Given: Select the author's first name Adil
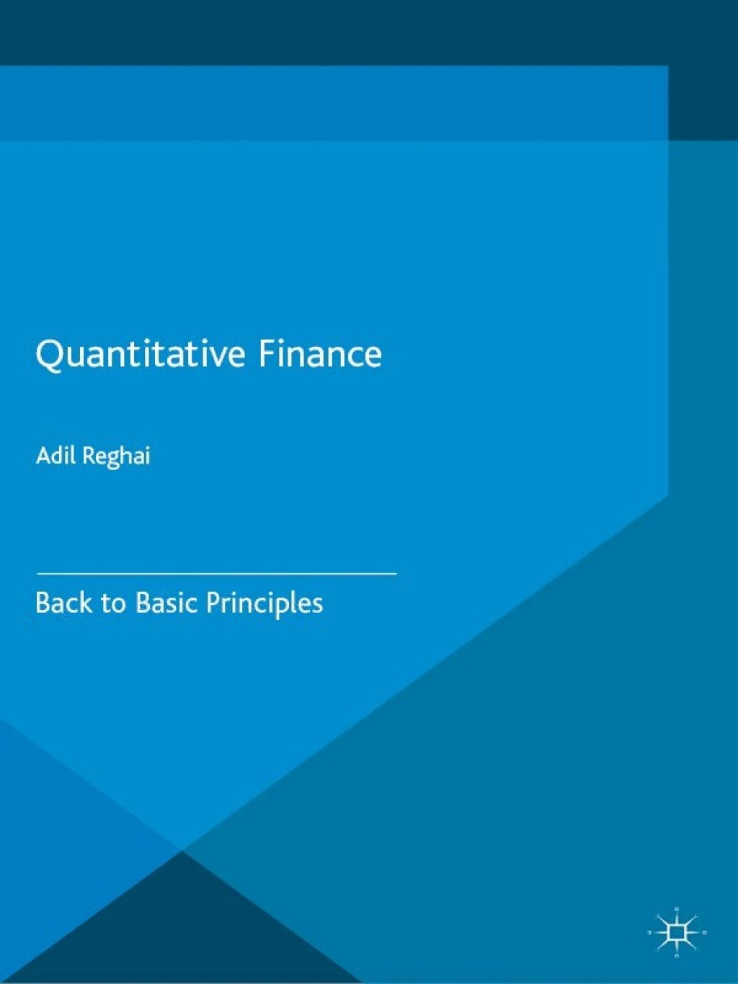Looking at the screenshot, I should click(55, 456).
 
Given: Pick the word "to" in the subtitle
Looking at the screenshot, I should click(112, 603).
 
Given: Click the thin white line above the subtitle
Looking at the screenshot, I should click(216, 573).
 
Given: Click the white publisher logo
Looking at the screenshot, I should click(677, 933).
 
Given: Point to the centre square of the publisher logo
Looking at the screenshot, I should click(677, 933).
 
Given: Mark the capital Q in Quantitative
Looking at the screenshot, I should click(49, 355).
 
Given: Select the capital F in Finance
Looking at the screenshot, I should click(267, 353).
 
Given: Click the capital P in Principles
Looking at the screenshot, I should click(213, 603).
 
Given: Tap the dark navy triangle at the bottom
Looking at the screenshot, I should click(180, 930).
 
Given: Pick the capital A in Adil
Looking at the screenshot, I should click(43, 456).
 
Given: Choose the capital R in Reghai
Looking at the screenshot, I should click(88, 456).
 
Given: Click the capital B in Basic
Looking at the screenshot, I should click(143, 603).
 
